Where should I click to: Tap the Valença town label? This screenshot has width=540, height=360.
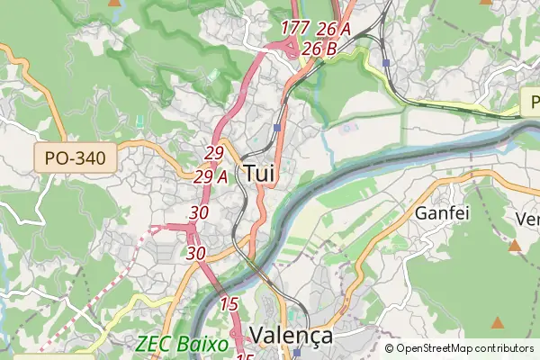click(291, 336)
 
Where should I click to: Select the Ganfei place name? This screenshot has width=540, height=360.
click(438, 213)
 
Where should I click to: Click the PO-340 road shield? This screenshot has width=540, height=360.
click(76, 159)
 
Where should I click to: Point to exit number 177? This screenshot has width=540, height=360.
click(295, 28)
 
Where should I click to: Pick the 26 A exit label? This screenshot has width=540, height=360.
click(333, 29)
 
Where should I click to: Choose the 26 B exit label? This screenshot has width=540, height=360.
click(320, 49)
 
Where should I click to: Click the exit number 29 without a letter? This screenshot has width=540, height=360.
click(214, 154)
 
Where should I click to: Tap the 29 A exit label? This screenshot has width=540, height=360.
click(211, 176)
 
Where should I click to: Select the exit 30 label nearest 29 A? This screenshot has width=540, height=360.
click(200, 212)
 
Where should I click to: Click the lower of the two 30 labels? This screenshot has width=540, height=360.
click(195, 253)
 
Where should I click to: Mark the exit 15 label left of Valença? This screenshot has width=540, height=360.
click(229, 304)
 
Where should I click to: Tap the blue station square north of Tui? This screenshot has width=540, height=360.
click(277, 128)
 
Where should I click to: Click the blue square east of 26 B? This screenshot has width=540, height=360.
click(385, 63)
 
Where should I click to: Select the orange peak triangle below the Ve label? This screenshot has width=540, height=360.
click(515, 245)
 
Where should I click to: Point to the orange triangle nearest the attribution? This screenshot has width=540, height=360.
click(498, 321)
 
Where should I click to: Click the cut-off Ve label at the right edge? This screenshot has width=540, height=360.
click(527, 219)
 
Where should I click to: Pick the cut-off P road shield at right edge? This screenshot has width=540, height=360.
click(530, 102)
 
